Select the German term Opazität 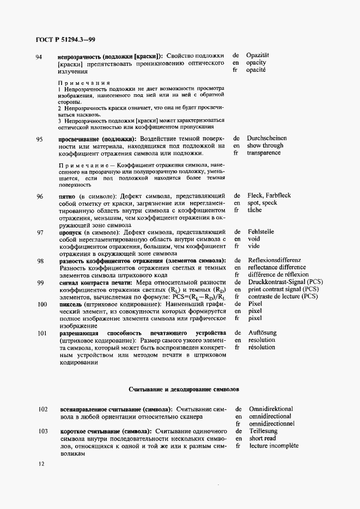point(258,56)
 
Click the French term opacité point(256,71)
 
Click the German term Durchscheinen point(267,138)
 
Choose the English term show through point(265,145)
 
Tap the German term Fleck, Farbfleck point(269,195)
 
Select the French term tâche point(254,210)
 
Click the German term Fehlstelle point(261,231)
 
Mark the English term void point(253,238)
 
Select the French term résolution point(261,347)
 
